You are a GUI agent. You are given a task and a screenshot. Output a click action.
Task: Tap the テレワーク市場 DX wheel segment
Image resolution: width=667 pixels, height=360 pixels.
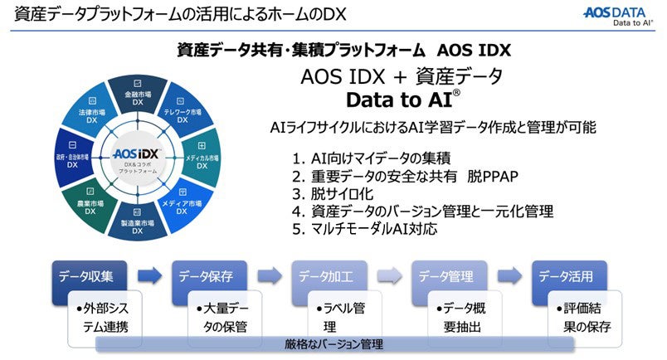(182, 116)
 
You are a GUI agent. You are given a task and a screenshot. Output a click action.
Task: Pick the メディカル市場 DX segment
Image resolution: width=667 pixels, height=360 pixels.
(202, 160)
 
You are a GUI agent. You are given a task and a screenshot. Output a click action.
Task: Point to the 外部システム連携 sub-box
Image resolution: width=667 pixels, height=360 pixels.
(107, 317)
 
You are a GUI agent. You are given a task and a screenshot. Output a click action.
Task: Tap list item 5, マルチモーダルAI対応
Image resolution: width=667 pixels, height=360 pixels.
(364, 228)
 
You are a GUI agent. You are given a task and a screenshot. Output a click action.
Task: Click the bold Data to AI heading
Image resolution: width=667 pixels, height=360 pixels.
(402, 100)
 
